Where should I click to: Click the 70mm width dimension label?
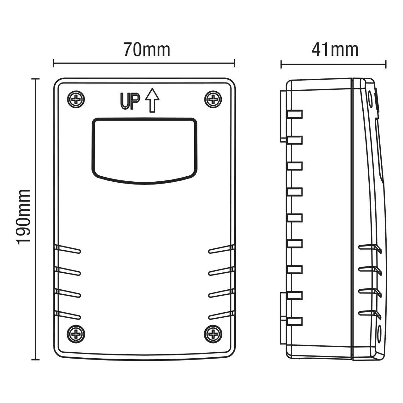point(147,50)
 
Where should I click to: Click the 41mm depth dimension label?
point(335,50)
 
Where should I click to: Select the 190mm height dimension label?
point(24,216)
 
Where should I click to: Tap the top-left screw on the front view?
point(76,99)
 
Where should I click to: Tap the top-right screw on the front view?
point(213,99)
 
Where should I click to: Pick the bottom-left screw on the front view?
point(76,333)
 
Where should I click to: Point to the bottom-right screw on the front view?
point(213,333)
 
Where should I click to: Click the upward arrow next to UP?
point(152,100)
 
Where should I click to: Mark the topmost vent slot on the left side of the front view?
point(68,249)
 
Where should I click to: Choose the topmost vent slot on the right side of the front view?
point(222,249)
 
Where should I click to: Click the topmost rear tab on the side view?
point(295,114)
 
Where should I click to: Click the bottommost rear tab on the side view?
point(295,321)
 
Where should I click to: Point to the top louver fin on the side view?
point(370,247)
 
